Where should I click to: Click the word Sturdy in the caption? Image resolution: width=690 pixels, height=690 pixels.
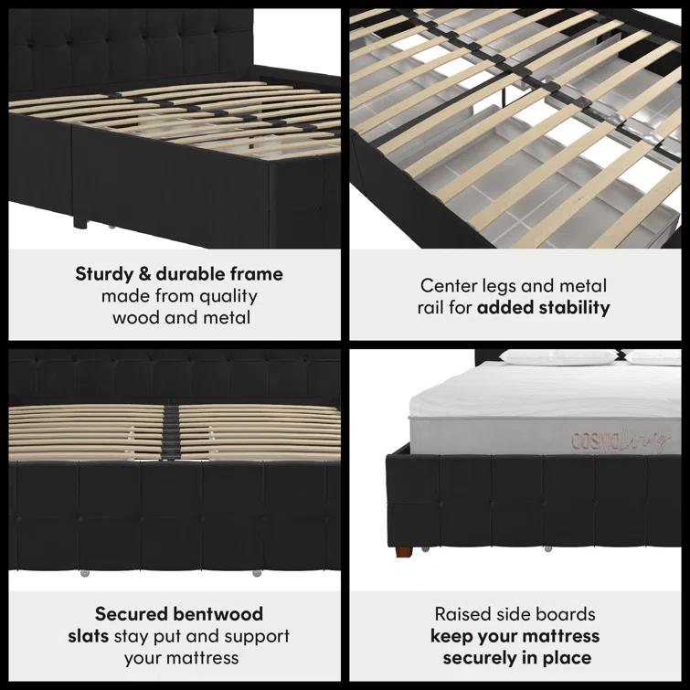(x=103, y=274)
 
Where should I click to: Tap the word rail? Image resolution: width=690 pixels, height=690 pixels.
(x=434, y=308)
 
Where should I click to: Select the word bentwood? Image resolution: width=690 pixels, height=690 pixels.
(x=220, y=613)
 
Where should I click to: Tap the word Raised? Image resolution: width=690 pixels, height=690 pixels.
(x=464, y=613)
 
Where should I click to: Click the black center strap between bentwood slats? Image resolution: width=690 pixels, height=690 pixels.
(x=170, y=424)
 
